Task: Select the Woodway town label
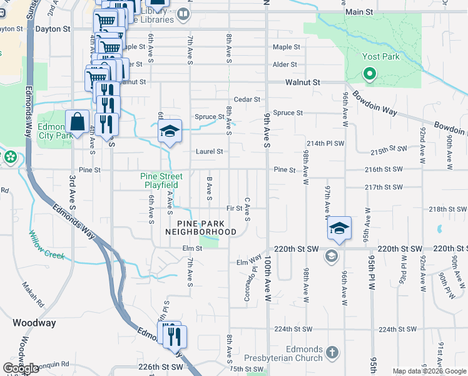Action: click(34, 323)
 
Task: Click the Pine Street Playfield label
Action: click(161, 180)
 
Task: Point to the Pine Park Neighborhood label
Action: click(201, 227)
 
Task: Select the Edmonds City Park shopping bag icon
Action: click(77, 122)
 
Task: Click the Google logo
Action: click(21, 368)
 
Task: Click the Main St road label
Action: click(359, 12)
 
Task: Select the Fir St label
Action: click(235, 208)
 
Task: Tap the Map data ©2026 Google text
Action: click(430, 371)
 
